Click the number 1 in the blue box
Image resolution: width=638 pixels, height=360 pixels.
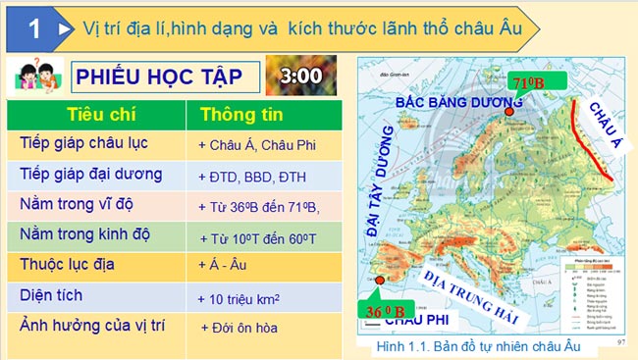coord(33,29)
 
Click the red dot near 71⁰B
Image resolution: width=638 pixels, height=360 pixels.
coord(508,112)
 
